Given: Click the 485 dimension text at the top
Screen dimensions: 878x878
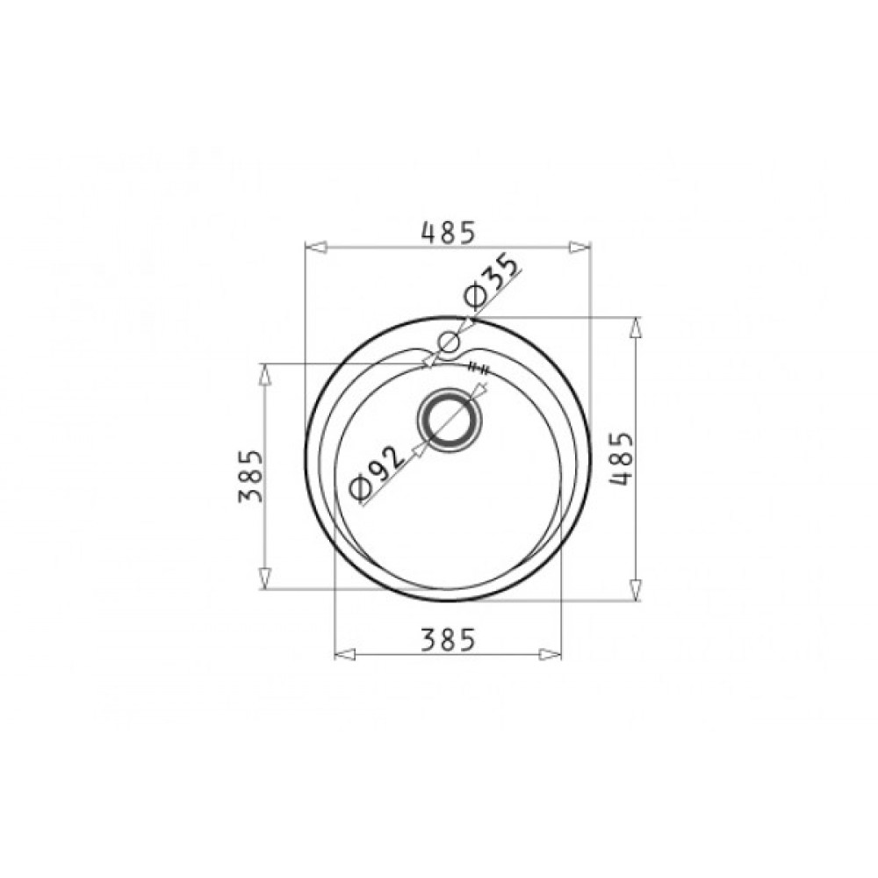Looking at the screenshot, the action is click(x=448, y=233).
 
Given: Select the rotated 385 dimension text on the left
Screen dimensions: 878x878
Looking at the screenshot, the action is click(x=249, y=477).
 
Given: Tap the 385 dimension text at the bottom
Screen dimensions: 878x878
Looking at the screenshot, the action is click(x=448, y=639).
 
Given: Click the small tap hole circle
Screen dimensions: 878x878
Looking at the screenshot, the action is click(x=449, y=342).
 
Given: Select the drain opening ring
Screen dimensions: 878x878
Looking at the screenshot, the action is click(x=449, y=420).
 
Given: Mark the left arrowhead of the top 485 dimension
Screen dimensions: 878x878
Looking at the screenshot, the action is click(x=316, y=248).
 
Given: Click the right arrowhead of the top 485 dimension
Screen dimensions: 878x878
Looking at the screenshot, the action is click(x=579, y=248).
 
